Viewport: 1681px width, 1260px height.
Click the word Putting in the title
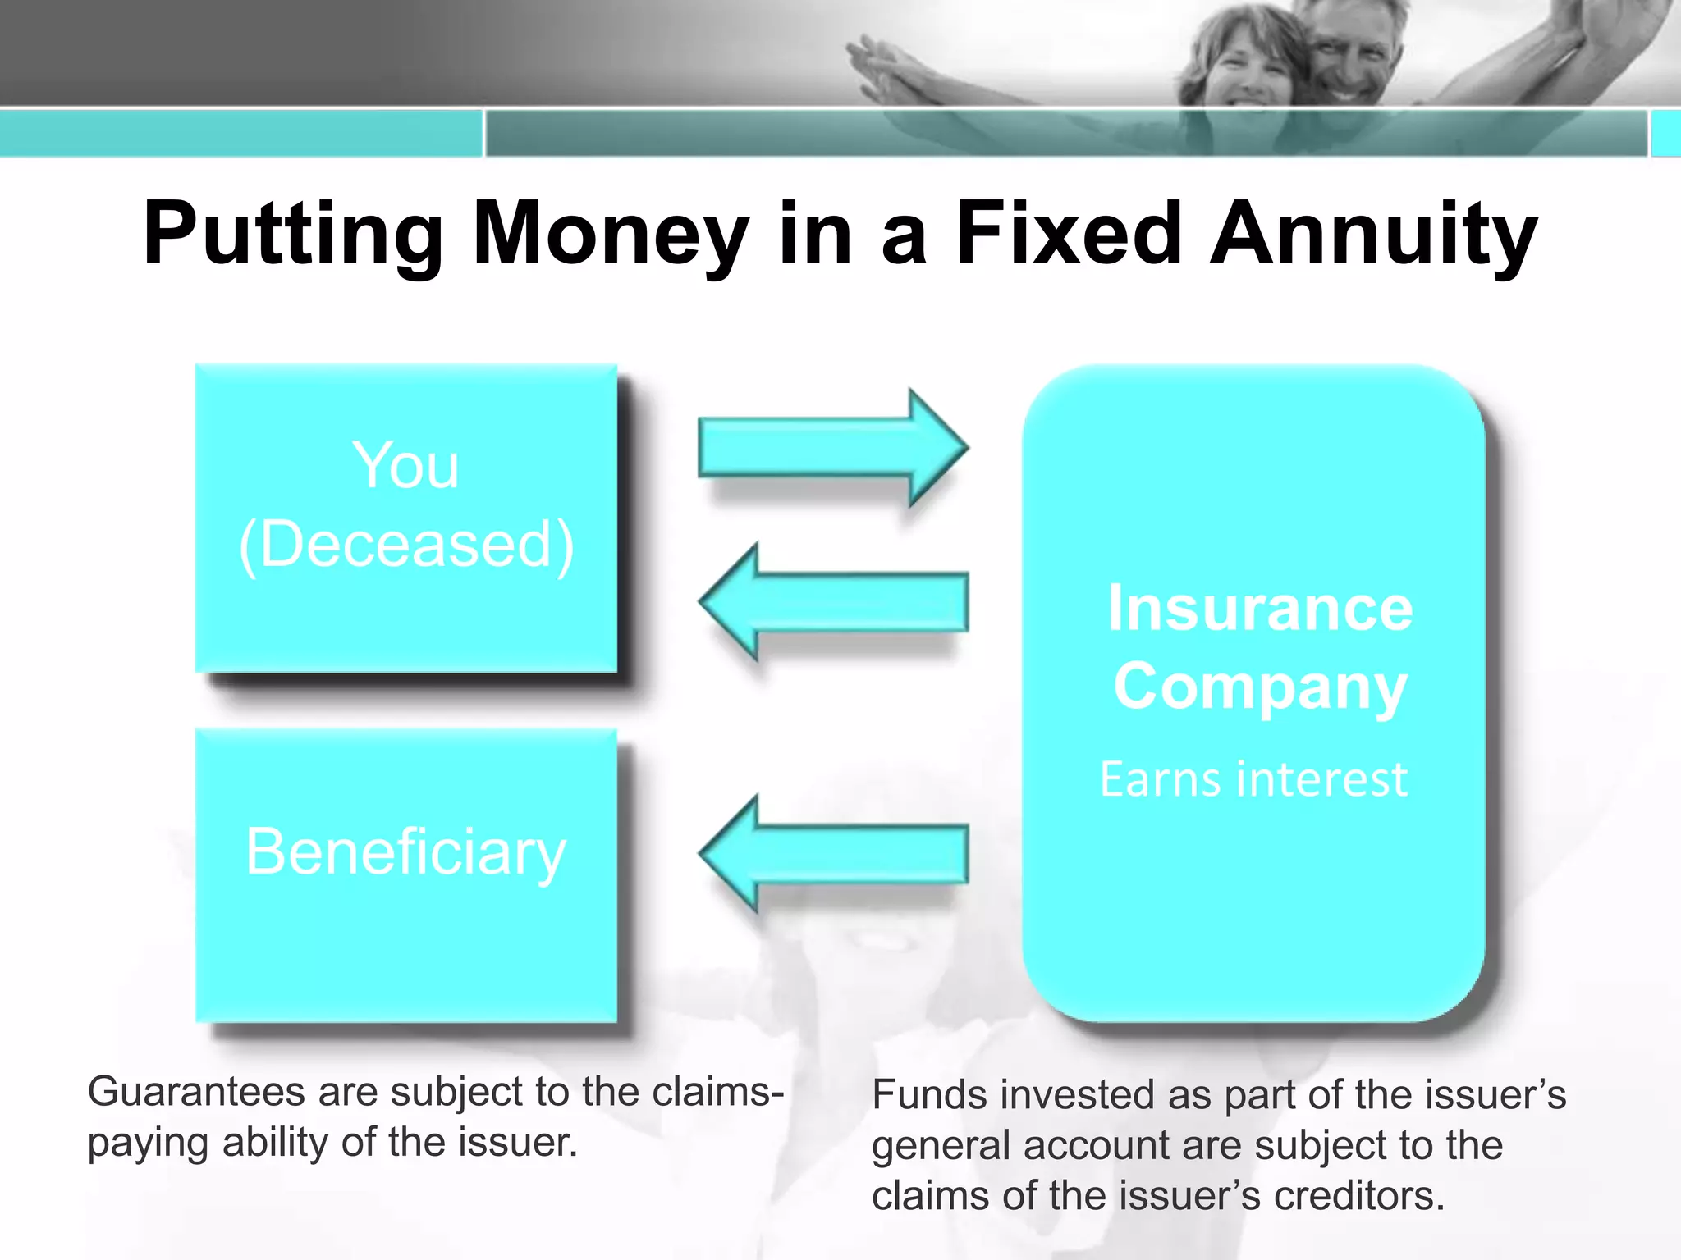[x=292, y=235]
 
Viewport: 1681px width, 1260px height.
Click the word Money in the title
[x=611, y=235]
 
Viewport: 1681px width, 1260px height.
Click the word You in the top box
[x=405, y=466]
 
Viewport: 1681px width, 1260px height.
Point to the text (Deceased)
[x=405, y=545]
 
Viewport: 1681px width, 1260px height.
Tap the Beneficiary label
[x=405, y=853]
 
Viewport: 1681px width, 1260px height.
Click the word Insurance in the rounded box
[x=1259, y=609]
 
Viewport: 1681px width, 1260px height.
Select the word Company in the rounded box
[x=1259, y=687]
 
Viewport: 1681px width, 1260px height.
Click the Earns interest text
[x=1253, y=779]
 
